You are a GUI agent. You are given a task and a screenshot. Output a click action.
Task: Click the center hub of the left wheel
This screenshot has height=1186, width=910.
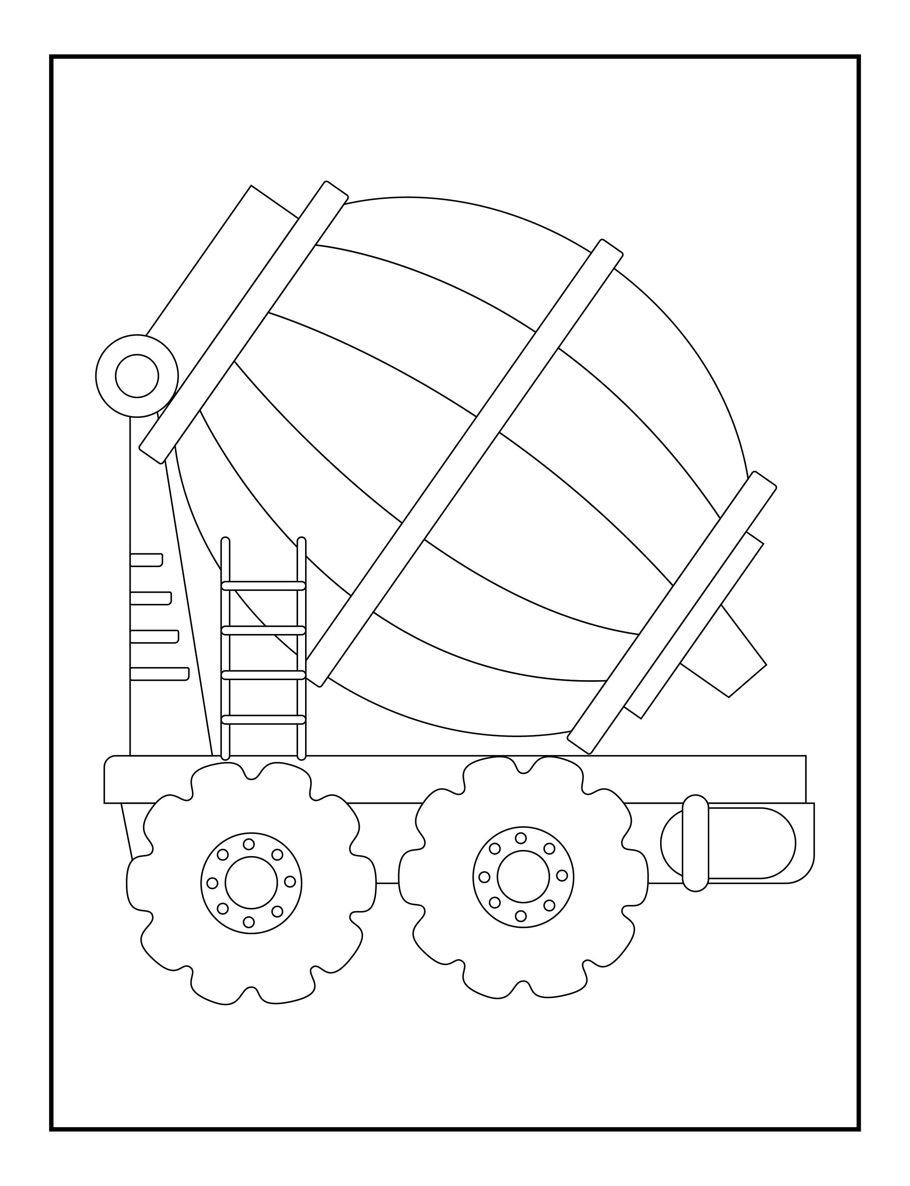click(251, 882)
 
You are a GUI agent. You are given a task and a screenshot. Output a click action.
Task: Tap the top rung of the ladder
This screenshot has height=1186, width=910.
click(264, 586)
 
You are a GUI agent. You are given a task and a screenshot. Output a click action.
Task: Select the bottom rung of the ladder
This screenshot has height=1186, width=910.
click(264, 719)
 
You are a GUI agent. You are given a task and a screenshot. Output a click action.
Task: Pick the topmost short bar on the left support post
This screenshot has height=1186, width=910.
click(146, 560)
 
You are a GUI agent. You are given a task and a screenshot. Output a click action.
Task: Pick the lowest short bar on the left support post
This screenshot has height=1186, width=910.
click(159, 674)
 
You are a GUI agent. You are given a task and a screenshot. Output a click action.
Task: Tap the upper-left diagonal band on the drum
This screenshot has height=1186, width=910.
click(244, 322)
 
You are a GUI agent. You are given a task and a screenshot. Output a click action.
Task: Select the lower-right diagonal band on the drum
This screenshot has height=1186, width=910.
click(672, 612)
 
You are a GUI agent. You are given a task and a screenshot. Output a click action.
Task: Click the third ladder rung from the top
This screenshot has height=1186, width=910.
click(264, 675)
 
